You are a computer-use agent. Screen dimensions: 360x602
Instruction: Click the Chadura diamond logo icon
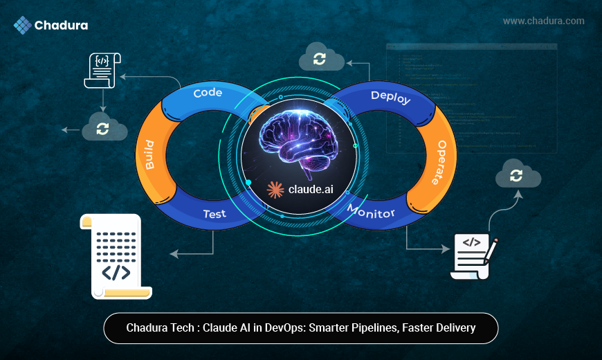point(23,26)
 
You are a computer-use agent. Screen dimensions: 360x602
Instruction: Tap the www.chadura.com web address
point(543,21)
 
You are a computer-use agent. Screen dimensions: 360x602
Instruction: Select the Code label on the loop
point(207,93)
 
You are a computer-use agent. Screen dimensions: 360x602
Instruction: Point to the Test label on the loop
point(215,214)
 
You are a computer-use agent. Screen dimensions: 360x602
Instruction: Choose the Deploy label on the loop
point(390,97)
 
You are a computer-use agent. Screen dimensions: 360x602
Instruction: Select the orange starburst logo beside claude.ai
point(275,190)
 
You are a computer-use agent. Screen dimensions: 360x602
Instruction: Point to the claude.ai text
point(309,190)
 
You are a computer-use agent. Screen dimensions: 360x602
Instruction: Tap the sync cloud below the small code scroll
point(104,127)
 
